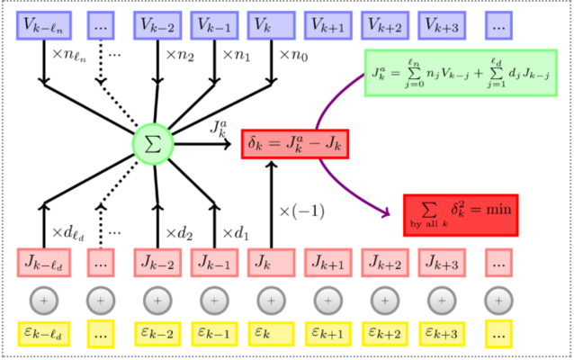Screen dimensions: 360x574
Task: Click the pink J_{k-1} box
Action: pos(214,263)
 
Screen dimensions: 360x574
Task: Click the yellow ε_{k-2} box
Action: pos(157,334)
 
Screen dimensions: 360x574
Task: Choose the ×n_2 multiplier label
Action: pos(180,55)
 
